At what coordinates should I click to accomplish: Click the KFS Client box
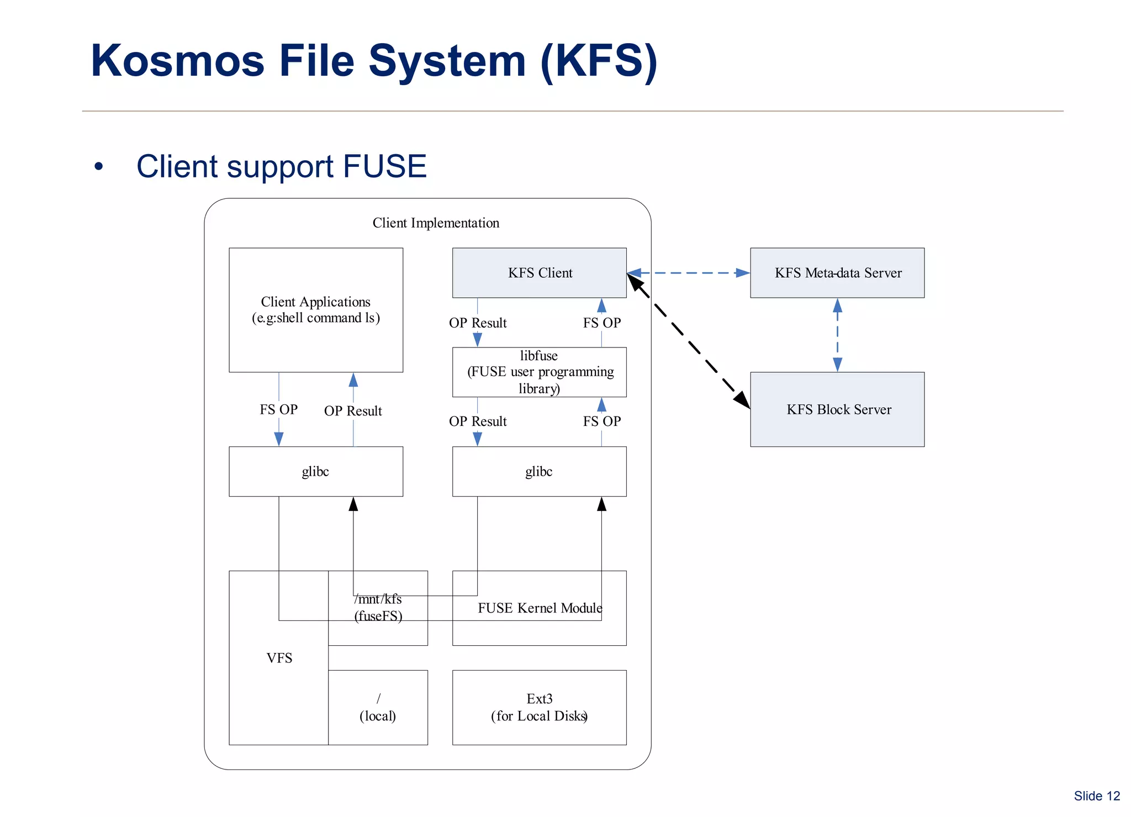pyautogui.click(x=539, y=273)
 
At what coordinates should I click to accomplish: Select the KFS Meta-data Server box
pyautogui.click(x=837, y=273)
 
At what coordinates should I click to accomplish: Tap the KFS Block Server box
pyautogui.click(x=837, y=409)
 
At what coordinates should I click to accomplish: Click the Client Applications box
pyautogui.click(x=315, y=310)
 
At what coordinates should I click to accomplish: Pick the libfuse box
pyautogui.click(x=539, y=372)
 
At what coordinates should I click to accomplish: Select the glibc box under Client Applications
pyautogui.click(x=315, y=471)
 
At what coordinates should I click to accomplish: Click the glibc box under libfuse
pyautogui.click(x=539, y=471)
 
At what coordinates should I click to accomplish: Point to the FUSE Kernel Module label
pyautogui.click(x=540, y=608)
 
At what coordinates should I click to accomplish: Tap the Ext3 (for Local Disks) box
pyautogui.click(x=539, y=708)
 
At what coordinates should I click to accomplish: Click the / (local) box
pyautogui.click(x=378, y=708)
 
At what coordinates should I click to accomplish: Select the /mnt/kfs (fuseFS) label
pyautogui.click(x=378, y=608)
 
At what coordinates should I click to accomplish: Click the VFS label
pyautogui.click(x=279, y=658)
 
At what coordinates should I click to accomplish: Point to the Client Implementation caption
pyautogui.click(x=436, y=223)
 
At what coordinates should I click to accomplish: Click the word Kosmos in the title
pyautogui.click(x=177, y=61)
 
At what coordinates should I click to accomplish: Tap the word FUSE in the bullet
pyautogui.click(x=384, y=166)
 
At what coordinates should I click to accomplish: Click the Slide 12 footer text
pyautogui.click(x=1096, y=796)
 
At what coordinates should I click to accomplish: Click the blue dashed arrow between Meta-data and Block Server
pyautogui.click(x=837, y=335)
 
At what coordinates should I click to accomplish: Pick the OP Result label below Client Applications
pyautogui.click(x=353, y=411)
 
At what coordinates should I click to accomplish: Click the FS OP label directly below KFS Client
pyautogui.click(x=601, y=323)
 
